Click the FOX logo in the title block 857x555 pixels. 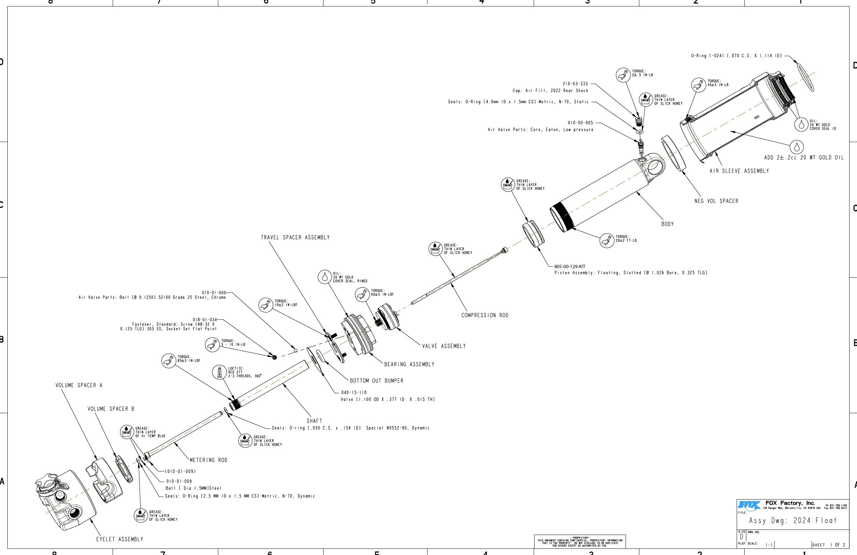[x=749, y=505]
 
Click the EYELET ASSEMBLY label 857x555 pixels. [x=119, y=540]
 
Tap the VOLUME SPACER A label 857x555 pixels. [x=79, y=385]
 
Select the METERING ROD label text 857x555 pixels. [x=209, y=460]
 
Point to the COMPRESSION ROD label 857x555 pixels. [x=485, y=315]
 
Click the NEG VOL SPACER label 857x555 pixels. [x=716, y=201]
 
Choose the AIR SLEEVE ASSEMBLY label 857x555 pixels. [x=739, y=171]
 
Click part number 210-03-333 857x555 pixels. [x=575, y=84]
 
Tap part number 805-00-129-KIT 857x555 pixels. [x=570, y=267]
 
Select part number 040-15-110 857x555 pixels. [x=354, y=392]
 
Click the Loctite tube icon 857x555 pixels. [x=219, y=372]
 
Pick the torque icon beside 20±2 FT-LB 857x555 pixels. [x=607, y=240]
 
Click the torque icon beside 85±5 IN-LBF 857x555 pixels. [x=168, y=361]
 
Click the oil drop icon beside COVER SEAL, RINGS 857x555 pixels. [x=325, y=277]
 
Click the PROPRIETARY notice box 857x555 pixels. [x=580, y=541]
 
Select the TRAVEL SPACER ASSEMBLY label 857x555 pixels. [x=295, y=238]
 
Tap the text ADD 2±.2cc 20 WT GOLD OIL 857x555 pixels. [x=804, y=157]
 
